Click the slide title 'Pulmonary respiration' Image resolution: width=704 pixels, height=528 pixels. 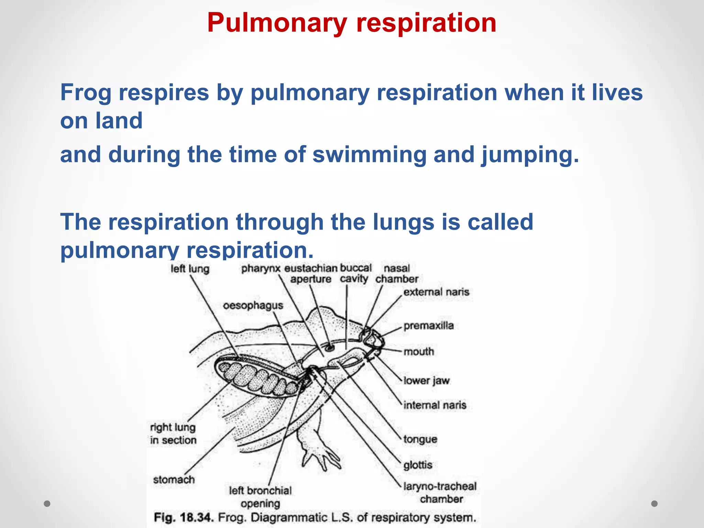coord(352,23)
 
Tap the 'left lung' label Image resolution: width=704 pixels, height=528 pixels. coord(190,268)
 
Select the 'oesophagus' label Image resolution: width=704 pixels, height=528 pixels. coord(253,306)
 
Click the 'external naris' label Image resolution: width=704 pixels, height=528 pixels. coord(436,292)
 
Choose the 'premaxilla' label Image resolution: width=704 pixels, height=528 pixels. coord(429,326)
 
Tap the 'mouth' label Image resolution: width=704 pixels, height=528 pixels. coord(419,351)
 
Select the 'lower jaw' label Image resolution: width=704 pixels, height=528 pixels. coord(426,381)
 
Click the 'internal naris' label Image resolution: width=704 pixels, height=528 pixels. coord(435,405)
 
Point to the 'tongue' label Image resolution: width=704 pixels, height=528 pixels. coord(420,439)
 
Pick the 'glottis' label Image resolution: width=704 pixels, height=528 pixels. coord(418,465)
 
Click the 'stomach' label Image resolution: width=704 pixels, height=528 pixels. coord(174,479)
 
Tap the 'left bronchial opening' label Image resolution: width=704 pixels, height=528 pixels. coord(260,497)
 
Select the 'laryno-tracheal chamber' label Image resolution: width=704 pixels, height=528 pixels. coord(440,493)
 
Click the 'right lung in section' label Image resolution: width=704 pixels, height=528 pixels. coord(173,433)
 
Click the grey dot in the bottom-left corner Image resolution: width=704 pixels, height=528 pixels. coord(47,504)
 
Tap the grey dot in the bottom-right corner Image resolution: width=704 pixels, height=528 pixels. coord(654,504)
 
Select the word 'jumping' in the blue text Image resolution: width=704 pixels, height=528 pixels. coord(530,155)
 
